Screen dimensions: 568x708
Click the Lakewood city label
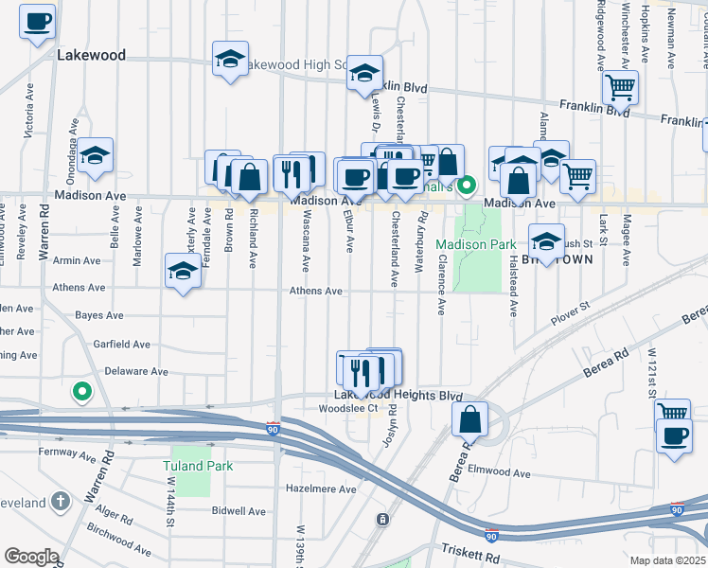point(91,55)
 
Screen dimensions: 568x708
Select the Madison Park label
point(475,244)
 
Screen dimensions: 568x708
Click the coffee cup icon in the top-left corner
point(37,21)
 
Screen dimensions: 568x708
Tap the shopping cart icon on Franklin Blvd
point(620,87)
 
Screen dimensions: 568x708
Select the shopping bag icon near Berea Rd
point(469,419)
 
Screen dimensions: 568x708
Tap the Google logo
point(30,557)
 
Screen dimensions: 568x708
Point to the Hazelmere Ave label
point(322,489)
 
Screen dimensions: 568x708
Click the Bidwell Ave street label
point(239,511)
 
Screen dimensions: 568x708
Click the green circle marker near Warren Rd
point(82,389)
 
